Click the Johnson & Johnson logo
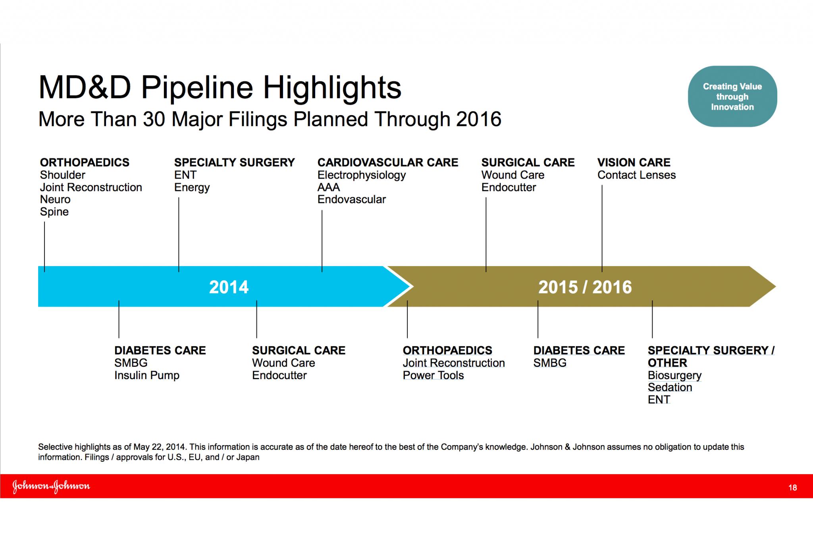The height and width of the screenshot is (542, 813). (51, 486)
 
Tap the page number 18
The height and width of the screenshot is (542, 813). (792, 488)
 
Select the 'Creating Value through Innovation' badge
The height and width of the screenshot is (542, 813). (732, 96)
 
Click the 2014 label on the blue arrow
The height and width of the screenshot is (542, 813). (229, 287)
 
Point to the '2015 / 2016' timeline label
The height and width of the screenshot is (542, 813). (585, 287)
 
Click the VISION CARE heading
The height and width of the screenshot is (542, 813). (634, 162)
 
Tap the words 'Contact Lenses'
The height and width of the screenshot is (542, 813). (636, 175)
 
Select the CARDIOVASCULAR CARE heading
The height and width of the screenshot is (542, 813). (387, 162)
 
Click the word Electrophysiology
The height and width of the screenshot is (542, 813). (361, 176)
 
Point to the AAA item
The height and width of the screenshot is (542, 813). (329, 187)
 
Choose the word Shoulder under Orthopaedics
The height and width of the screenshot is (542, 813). (62, 175)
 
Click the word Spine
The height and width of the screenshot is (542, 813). (54, 212)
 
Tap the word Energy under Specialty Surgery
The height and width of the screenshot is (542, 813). (192, 188)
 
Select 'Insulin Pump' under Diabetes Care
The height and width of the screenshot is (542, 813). (147, 376)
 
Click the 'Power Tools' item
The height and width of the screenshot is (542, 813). (433, 375)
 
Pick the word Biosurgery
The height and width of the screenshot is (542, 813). (674, 376)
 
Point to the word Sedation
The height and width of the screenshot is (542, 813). (670, 388)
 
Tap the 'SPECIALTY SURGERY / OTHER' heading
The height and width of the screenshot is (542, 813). (711, 357)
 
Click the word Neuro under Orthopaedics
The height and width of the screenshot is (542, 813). (55, 200)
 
